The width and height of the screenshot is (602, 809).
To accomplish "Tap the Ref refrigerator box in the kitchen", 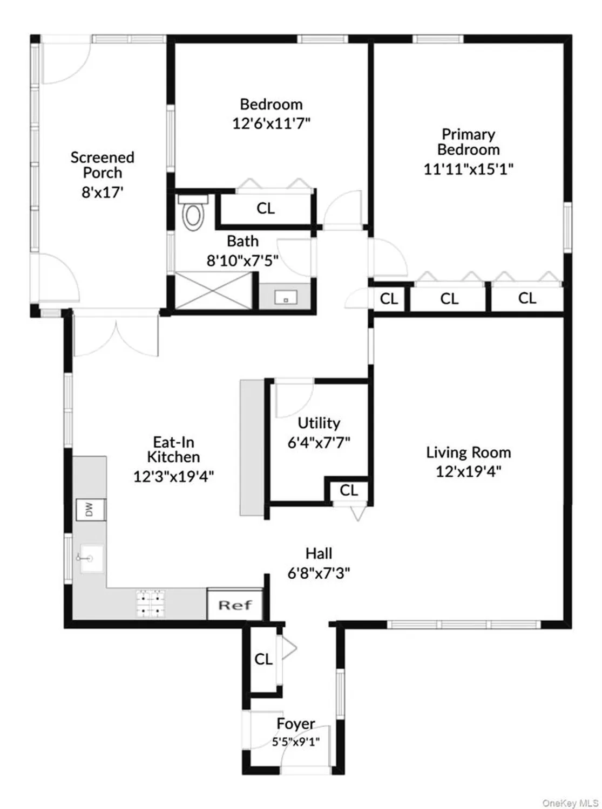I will point(235,605).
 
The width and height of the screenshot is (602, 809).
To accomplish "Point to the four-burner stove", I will point(151,604).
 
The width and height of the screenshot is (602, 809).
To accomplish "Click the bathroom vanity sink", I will point(285,297).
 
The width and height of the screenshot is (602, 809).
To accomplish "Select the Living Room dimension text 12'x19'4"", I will point(468,471).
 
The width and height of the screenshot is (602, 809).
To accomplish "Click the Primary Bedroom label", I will point(468,141).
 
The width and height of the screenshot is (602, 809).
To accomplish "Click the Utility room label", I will point(319,423).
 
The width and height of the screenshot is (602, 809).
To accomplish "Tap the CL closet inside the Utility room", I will point(349,490).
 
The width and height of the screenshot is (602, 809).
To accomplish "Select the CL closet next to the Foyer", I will point(263,659).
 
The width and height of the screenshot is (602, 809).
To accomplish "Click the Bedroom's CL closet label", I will point(265,208).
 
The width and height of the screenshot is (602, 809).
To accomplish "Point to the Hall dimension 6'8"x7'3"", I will point(319,572).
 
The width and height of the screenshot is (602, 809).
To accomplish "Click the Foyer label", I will point(295,723).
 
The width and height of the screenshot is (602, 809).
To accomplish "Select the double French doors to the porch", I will point(116,335).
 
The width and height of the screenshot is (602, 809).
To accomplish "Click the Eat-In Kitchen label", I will point(173,449).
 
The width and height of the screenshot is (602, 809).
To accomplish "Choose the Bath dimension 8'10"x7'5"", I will point(242,260).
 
